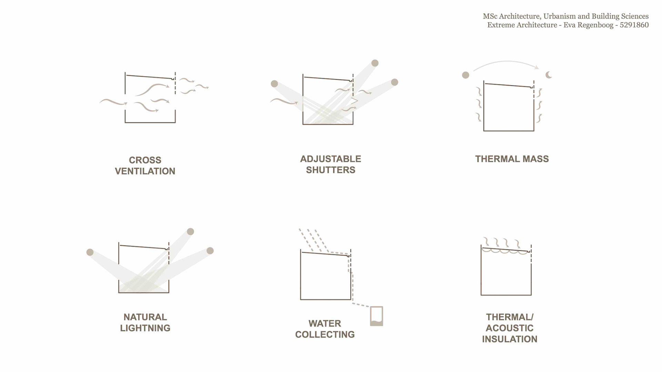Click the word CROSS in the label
145,160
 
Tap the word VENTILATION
145,171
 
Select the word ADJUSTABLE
330,159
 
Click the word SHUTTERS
330,170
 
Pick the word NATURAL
145,317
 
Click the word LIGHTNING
145,328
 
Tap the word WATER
324,323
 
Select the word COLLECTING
324,334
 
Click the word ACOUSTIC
509,328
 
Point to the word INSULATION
509,339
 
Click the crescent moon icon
549,75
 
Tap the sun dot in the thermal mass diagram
465,75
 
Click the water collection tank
377,316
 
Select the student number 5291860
634,25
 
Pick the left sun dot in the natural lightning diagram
90,252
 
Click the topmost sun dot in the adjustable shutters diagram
375,63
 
